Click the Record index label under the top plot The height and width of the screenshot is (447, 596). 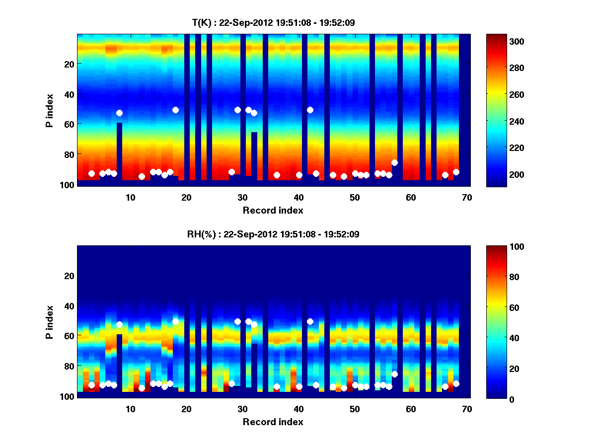point(273,210)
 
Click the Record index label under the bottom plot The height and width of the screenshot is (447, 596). point(273,422)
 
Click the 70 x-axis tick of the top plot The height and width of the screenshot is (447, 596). point(467,197)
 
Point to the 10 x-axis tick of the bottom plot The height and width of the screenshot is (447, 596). point(130,409)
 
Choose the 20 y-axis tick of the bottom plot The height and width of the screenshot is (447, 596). point(69,276)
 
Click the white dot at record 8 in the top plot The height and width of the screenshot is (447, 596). point(119,113)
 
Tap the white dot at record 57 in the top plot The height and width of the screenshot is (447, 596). point(394,162)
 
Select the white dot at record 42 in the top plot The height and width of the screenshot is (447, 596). point(310,110)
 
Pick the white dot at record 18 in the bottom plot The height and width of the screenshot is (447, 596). point(175,321)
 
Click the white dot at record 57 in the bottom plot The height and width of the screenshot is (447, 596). point(394,374)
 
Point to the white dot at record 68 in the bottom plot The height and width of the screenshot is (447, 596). point(456,383)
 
